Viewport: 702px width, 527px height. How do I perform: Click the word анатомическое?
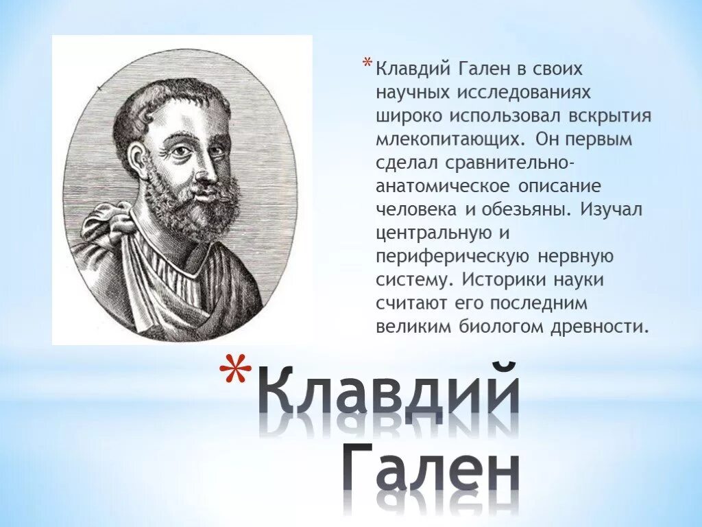(x=441, y=186)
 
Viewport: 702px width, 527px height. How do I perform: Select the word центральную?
(x=433, y=233)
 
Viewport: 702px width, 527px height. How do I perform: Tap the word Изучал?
(x=612, y=210)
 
